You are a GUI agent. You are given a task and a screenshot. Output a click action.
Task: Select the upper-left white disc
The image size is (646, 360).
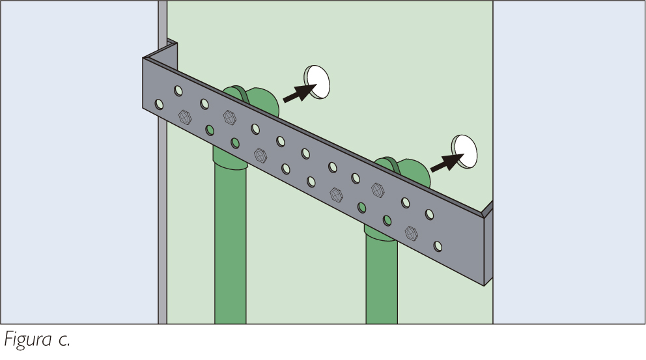317,81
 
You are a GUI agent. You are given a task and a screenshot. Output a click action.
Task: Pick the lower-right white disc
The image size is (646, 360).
464,151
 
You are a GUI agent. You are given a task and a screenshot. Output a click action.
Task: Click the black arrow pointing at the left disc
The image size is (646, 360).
300,93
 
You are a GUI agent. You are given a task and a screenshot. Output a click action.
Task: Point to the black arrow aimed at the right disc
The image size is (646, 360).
447,162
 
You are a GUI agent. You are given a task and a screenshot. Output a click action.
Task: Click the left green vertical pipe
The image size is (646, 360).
231,239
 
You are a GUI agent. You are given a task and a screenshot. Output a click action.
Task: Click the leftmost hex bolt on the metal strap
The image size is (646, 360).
185,117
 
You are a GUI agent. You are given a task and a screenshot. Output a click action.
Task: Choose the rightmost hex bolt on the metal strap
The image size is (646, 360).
411,233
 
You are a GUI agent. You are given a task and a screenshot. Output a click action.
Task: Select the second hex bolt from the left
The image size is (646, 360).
229,117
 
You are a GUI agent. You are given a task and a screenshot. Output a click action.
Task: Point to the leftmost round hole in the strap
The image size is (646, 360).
159,104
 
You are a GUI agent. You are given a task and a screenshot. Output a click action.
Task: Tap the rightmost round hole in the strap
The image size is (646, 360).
438,246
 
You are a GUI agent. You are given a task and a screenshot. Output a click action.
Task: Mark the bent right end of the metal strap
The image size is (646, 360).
488,243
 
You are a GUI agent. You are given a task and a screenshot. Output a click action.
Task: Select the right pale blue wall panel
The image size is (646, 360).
569,162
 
